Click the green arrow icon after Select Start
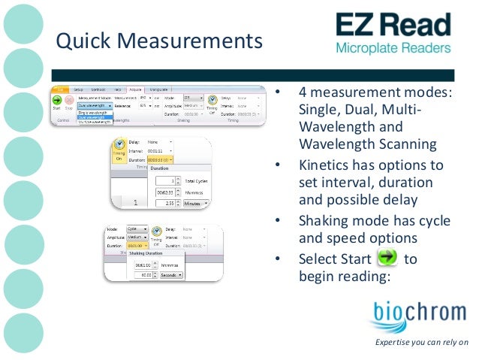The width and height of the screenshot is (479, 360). coord(387,259)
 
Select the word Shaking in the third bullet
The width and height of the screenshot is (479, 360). coord(325,221)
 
